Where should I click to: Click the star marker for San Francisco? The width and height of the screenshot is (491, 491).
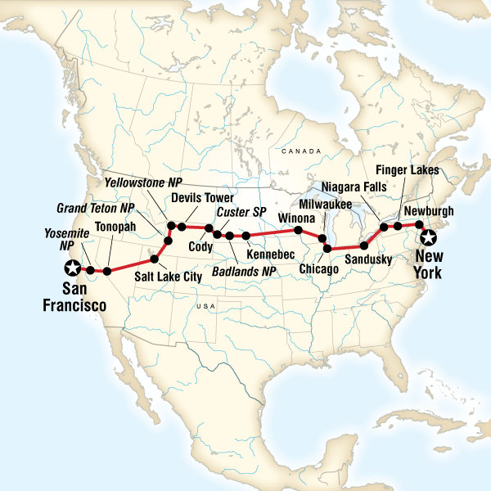click(72, 267)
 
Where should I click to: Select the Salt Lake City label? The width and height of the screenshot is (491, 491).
click(168, 277)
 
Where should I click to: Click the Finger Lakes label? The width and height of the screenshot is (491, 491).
click(408, 170)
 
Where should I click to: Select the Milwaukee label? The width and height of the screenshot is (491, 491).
click(327, 202)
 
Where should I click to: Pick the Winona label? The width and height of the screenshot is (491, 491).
click(295, 218)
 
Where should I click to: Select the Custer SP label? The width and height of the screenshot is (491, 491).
click(238, 213)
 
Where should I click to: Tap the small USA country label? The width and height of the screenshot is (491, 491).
click(205, 305)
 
